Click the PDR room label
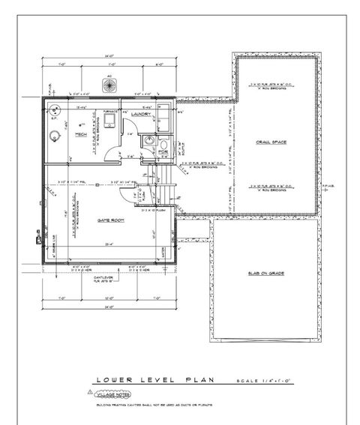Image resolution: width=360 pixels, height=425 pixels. point(163,151)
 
